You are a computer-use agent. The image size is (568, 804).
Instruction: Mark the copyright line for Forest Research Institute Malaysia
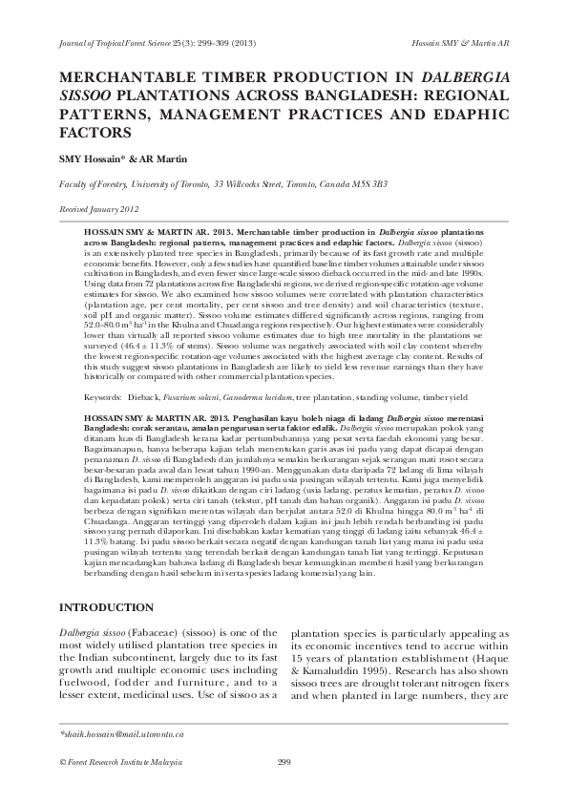click(120, 761)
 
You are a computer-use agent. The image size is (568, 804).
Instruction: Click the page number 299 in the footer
click(284, 761)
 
